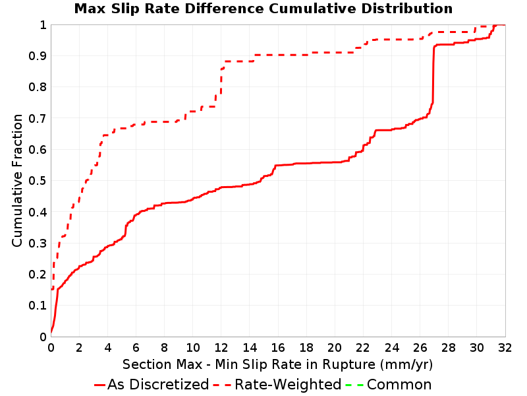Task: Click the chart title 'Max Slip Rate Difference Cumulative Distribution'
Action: [x=263, y=9]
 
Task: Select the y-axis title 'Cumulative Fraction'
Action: [x=17, y=180]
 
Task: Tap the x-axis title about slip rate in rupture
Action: [x=277, y=365]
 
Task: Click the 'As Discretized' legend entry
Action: [x=152, y=385]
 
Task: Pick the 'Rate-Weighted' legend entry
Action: [x=277, y=385]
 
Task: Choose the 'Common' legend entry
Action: [x=389, y=385]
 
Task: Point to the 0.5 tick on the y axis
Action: [x=38, y=181]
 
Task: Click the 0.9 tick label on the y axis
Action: [x=38, y=56]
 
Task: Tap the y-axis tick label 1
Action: [x=43, y=25]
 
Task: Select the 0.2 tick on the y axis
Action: [x=38, y=275]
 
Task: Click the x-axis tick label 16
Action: [x=278, y=348]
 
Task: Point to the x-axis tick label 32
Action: [x=505, y=348]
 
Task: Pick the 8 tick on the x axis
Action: [x=164, y=348]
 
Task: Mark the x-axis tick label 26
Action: [x=420, y=348]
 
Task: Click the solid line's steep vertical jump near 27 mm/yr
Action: [x=433, y=74]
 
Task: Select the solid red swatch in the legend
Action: [x=100, y=385]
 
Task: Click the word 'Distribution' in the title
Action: [x=407, y=9]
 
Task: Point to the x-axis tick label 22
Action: [x=363, y=348]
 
